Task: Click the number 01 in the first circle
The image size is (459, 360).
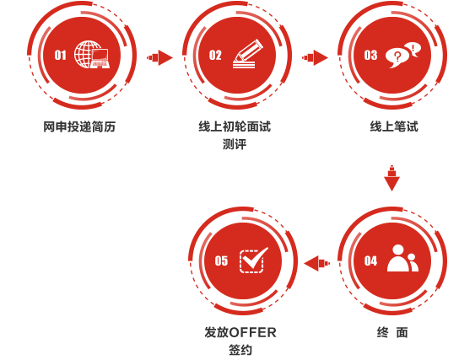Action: click(x=60, y=56)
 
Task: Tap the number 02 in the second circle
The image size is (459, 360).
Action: click(x=215, y=56)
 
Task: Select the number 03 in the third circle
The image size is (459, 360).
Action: click(x=370, y=56)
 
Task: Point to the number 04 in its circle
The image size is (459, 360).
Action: click(x=370, y=261)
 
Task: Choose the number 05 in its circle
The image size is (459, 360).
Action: click(x=221, y=261)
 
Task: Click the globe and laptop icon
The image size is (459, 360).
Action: click(x=92, y=55)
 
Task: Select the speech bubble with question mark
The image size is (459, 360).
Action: click(x=397, y=58)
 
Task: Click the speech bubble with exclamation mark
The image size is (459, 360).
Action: click(x=413, y=49)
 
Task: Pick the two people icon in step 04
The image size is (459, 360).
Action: click(x=402, y=258)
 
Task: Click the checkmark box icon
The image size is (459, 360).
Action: click(x=253, y=261)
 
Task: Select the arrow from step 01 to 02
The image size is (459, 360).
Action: click(x=159, y=57)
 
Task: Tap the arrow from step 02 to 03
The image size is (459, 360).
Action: click(x=315, y=57)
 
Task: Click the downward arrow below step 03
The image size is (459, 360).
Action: click(x=391, y=178)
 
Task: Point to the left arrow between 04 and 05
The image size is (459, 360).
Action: click(x=316, y=263)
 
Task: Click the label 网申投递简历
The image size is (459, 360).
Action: click(x=79, y=127)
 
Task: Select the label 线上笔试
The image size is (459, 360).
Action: click(x=394, y=127)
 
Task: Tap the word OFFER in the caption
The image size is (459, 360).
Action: click(x=252, y=333)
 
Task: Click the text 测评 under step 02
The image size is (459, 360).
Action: click(x=235, y=144)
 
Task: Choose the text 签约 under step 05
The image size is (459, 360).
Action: click(x=240, y=350)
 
